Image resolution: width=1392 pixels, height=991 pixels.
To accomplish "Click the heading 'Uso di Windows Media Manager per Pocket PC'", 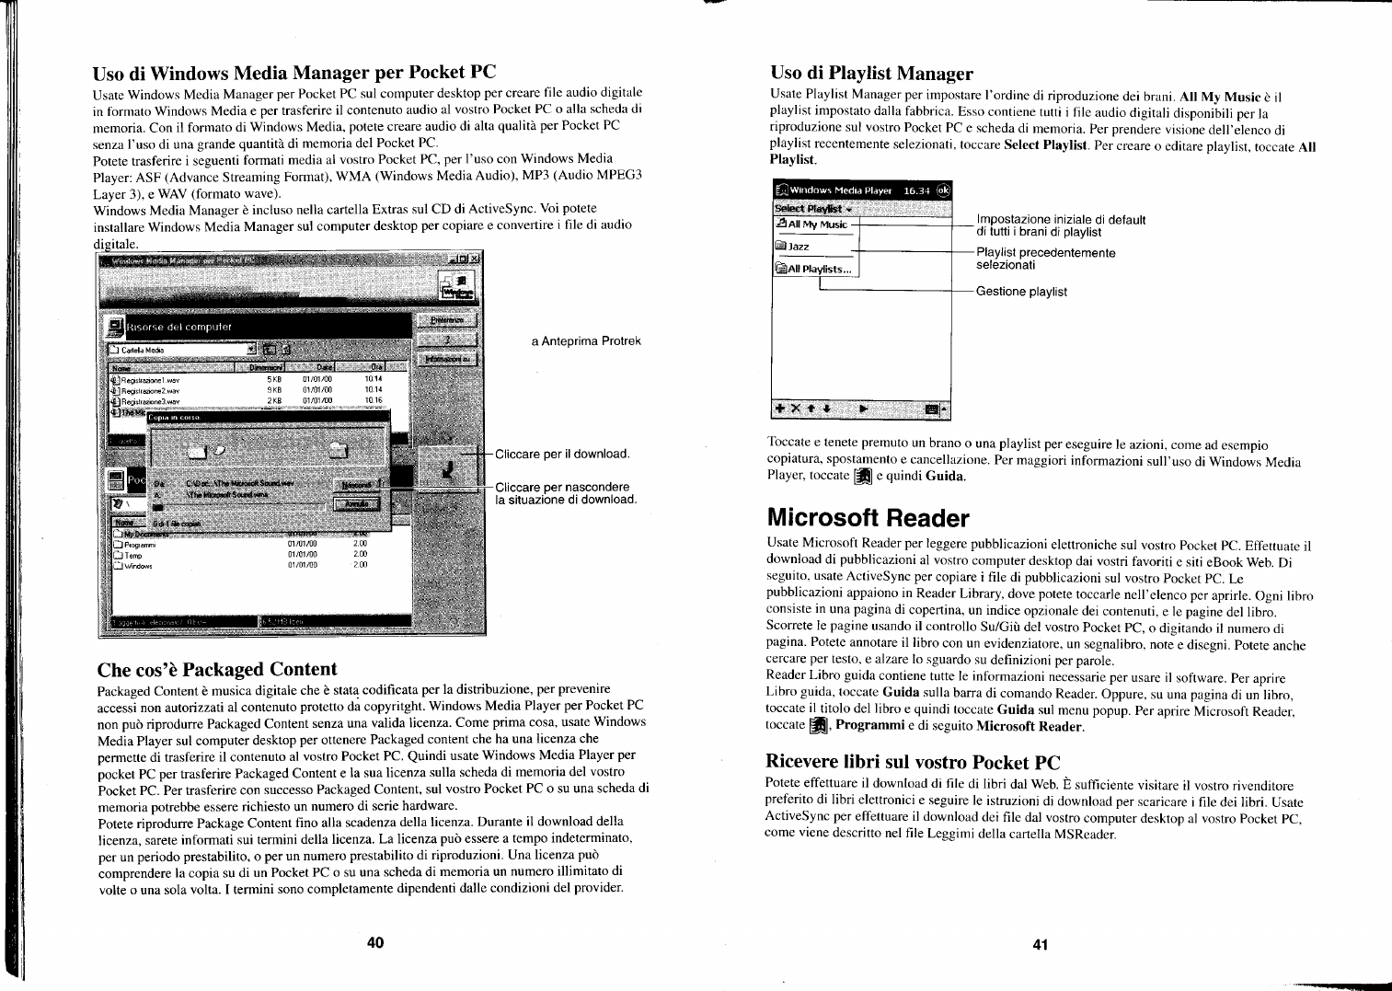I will click(x=294, y=72).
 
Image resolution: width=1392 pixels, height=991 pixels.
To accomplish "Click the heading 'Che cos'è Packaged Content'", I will click(x=217, y=669).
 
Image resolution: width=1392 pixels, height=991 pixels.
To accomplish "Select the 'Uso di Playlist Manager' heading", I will click(x=870, y=74).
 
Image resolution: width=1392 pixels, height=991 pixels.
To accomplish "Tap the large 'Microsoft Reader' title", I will click(x=868, y=518).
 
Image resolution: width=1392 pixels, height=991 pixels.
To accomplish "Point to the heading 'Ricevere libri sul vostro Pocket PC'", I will click(x=913, y=762).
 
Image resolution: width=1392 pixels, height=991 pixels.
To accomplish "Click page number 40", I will click(x=374, y=941).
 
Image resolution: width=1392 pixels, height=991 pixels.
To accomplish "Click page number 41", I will click(x=1041, y=944).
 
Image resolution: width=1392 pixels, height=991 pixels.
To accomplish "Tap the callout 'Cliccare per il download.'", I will click(x=562, y=455).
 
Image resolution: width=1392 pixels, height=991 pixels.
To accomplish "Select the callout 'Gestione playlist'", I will click(x=1021, y=292).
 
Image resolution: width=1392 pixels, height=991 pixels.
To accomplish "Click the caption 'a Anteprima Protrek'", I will click(x=586, y=341).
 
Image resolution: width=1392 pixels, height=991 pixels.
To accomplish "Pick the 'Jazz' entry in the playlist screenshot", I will click(x=798, y=247).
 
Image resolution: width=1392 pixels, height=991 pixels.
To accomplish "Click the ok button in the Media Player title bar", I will click(x=943, y=190).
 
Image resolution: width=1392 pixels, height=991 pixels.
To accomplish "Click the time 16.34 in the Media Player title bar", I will click(x=916, y=190).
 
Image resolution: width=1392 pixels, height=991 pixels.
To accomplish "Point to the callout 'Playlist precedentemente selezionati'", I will click(x=1045, y=259).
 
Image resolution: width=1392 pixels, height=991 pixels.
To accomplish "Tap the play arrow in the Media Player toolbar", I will click(x=863, y=408).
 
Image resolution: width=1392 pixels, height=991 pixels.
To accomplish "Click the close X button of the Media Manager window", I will click(x=476, y=259).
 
